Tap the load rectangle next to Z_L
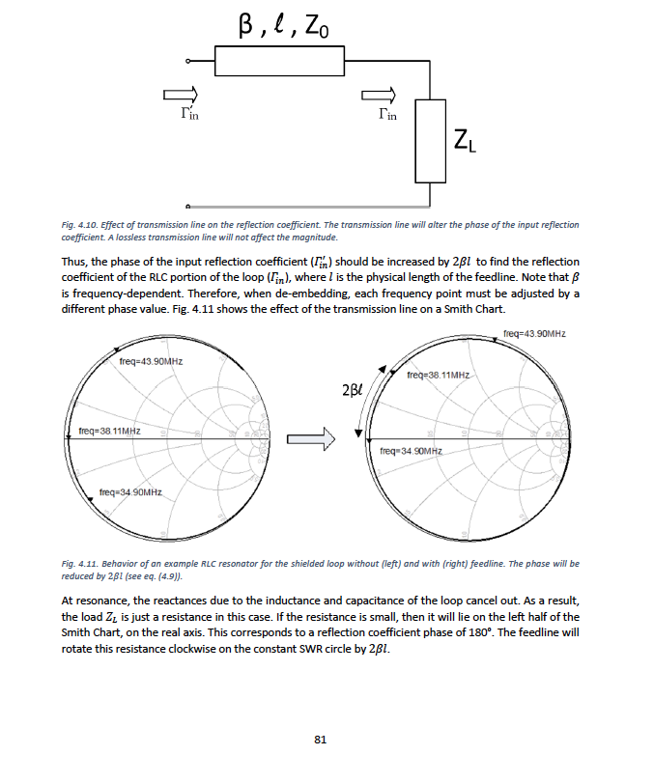[429, 140]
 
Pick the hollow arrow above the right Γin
[378, 94]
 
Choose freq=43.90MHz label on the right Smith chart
[534, 333]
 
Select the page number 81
[321, 740]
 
